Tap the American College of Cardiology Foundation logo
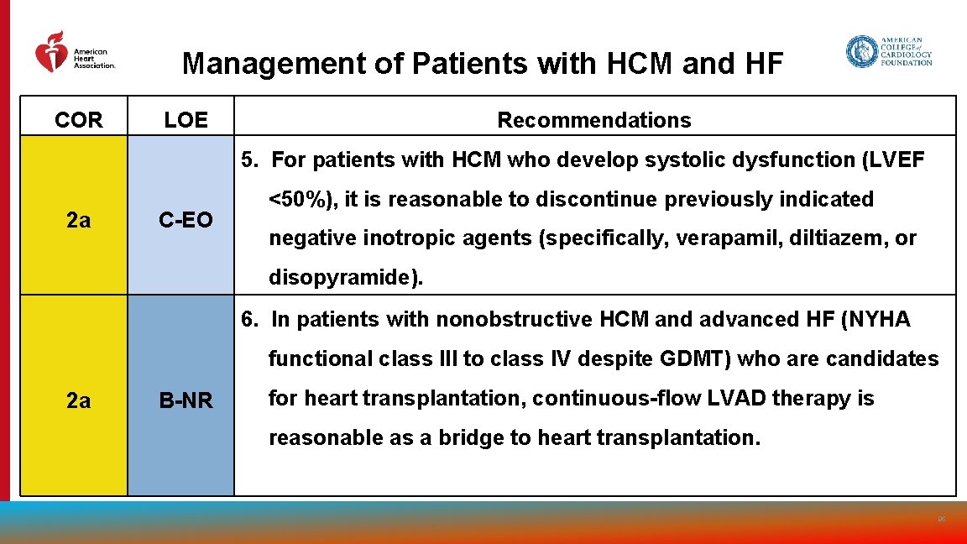point(889,51)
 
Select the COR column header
point(78,120)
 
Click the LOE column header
point(186,120)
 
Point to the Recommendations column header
point(594,120)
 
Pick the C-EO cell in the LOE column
point(186,220)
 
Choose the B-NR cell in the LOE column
point(186,401)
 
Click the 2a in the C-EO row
point(78,220)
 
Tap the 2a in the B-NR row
point(78,401)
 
